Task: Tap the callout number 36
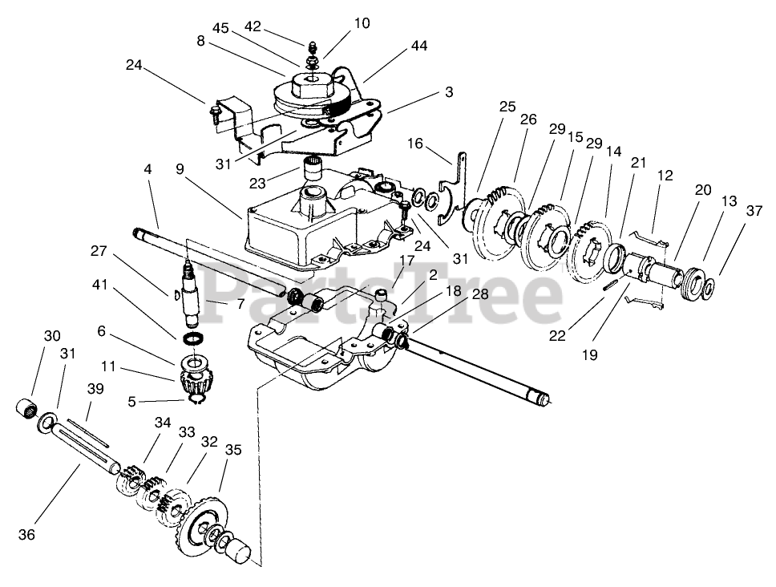[27, 534]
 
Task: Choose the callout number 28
[479, 294]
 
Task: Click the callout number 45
[220, 28]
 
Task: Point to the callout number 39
[95, 388]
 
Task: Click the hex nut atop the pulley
[309, 81]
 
